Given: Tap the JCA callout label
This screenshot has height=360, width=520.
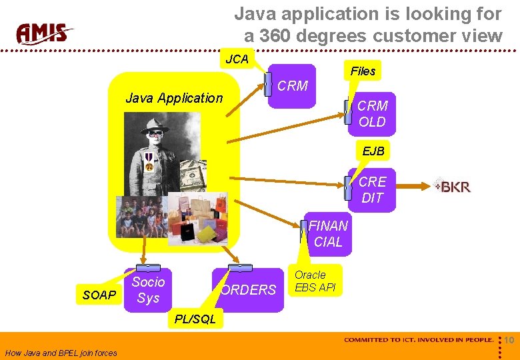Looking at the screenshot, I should [237, 59].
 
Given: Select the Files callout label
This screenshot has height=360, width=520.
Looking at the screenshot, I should [363, 71].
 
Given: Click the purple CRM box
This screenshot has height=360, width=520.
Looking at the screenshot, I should [292, 86].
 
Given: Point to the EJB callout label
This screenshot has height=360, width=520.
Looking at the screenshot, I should [373, 151].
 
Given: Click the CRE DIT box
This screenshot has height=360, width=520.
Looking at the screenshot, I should [372, 190].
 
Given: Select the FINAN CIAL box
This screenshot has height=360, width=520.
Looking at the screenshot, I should [327, 234].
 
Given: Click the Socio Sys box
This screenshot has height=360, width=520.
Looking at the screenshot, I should [148, 290].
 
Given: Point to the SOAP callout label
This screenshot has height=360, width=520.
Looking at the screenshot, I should [99, 295].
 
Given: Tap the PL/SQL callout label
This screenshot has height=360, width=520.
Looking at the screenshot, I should [195, 319].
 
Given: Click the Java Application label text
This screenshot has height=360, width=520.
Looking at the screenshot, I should [174, 98].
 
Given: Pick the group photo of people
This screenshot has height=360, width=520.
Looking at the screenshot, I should [141, 217].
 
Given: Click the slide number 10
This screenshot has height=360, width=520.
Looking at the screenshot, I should [509, 341].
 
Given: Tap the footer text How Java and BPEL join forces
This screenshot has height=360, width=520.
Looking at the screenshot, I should [61, 353].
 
